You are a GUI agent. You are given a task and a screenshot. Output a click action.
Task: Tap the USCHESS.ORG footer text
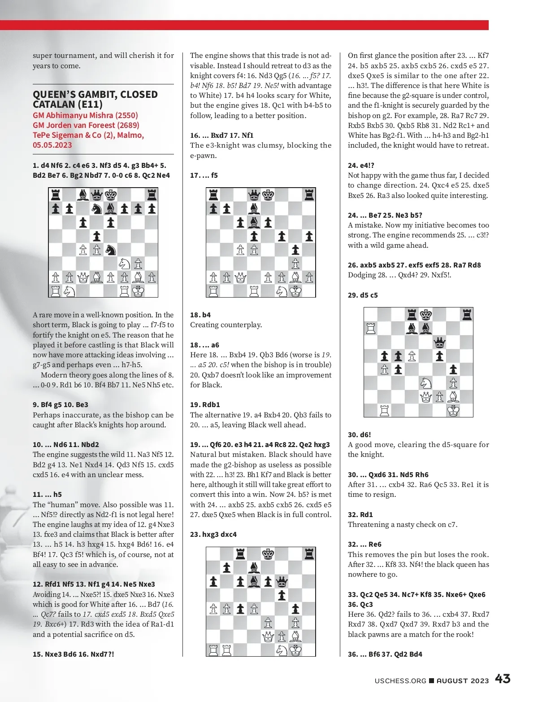pyautogui.click(x=400, y=680)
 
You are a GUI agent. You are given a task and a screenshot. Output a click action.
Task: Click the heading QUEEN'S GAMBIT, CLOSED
pyautogui.click(x=95, y=94)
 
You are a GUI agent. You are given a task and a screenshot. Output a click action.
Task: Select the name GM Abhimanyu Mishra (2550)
pyautogui.click(x=85, y=115)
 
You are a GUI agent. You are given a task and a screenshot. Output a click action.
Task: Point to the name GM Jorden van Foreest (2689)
pyautogui.click(x=86, y=125)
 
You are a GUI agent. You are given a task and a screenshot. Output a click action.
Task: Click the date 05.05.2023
pyautogui.click(x=52, y=145)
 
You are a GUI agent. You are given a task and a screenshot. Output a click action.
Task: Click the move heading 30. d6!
pyautogui.click(x=359, y=434)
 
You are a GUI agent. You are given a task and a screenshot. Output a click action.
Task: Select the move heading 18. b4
pyautogui.click(x=200, y=315)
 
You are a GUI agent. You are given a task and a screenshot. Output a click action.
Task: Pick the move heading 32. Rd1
pyautogui.click(x=360, y=514)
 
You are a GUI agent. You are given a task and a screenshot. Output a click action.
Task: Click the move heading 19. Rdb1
pyautogui.click(x=205, y=404)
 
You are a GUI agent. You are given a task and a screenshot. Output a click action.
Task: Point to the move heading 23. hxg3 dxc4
pyautogui.click(x=213, y=534)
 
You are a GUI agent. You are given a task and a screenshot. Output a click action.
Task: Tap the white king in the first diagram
pyautogui.click(x=138, y=291)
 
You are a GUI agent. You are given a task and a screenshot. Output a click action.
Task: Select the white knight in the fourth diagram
pyautogui.click(x=426, y=383)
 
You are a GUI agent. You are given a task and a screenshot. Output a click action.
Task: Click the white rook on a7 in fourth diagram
pyautogui.click(x=371, y=329)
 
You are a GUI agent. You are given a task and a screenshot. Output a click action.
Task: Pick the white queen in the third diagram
pyautogui.click(x=268, y=636)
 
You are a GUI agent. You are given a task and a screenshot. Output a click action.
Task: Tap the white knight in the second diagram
pyautogui.click(x=282, y=291)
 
